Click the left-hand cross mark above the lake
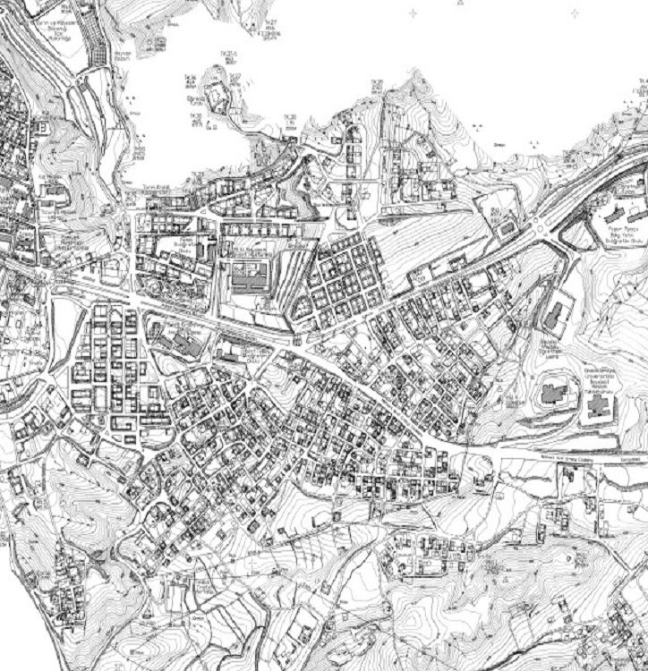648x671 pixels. point(413,13)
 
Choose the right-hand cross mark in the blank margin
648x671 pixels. point(574,13)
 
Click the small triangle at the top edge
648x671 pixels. point(460,4)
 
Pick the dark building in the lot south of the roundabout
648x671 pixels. point(554,313)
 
